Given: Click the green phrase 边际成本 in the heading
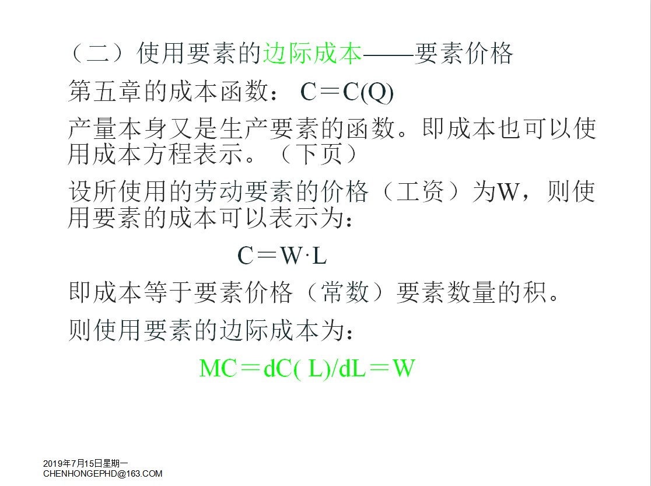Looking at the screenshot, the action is pyautogui.click(x=312, y=54).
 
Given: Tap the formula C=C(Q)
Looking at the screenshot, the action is pyautogui.click(x=346, y=92).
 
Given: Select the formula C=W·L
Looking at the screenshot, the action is pyautogui.click(x=282, y=255).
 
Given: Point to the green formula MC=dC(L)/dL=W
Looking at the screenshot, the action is pyautogui.click(x=307, y=369).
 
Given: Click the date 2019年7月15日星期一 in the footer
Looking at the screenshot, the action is pyautogui.click(x=86, y=464).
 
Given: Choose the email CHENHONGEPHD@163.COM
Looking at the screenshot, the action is pyautogui.click(x=103, y=474).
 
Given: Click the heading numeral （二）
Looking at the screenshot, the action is pyautogui.click(x=97, y=54).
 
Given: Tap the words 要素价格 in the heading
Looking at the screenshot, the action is pyautogui.click(x=464, y=54).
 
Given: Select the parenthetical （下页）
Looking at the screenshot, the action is pyautogui.click(x=318, y=154).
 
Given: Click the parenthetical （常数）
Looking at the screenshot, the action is pyautogui.click(x=345, y=292).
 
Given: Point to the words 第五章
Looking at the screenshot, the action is pyautogui.click(x=106, y=92).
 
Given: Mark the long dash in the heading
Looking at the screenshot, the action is pyautogui.click(x=388, y=54).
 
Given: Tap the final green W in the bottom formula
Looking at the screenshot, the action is pyautogui.click(x=404, y=369).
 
